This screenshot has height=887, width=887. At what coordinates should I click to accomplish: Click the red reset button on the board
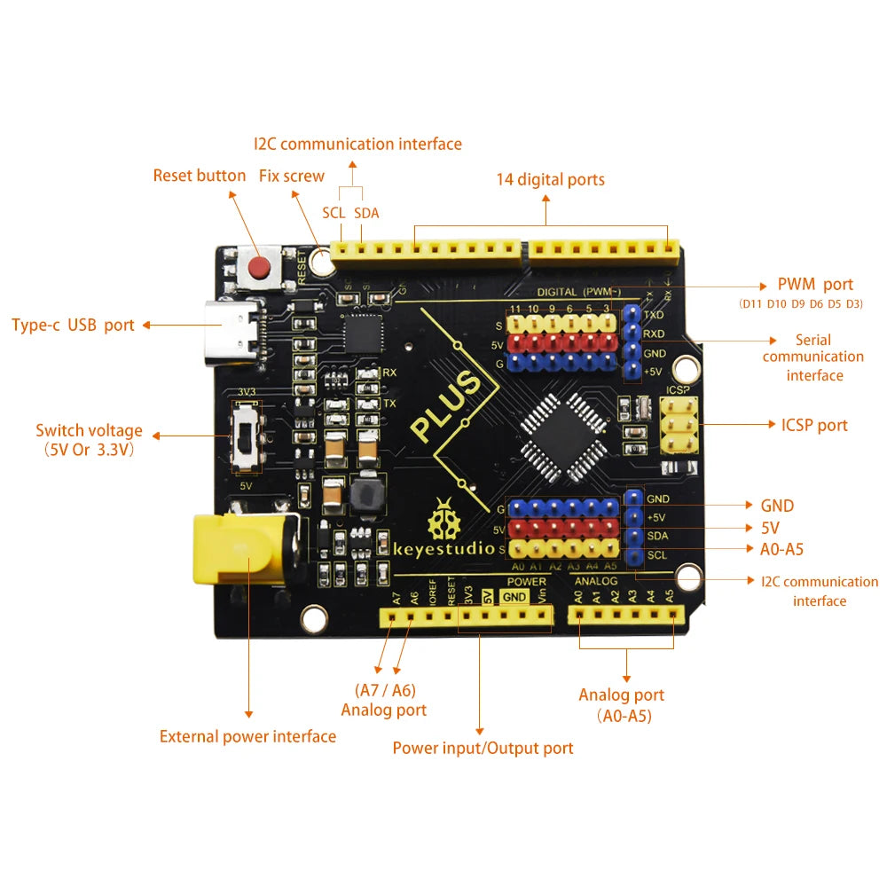pyautogui.click(x=259, y=266)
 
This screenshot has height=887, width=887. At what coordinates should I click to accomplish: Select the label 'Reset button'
pyautogui.click(x=200, y=176)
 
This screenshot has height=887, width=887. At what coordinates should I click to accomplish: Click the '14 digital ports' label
pyautogui.click(x=550, y=179)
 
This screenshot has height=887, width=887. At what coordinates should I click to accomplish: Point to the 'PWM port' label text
pyautogui.click(x=814, y=285)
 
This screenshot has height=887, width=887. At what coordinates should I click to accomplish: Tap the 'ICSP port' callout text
pyautogui.click(x=814, y=425)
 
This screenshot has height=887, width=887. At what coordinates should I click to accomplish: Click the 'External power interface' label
pyautogui.click(x=247, y=736)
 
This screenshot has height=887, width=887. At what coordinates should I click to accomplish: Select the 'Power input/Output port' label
pyautogui.click(x=483, y=748)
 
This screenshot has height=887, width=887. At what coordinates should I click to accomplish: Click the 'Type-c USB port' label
pyautogui.click(x=73, y=325)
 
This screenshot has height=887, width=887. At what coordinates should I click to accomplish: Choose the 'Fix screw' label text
pyautogui.click(x=292, y=176)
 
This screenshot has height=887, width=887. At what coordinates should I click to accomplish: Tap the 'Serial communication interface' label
pyautogui.click(x=813, y=357)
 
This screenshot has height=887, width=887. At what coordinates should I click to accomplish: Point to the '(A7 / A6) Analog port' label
pyautogui.click(x=384, y=700)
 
